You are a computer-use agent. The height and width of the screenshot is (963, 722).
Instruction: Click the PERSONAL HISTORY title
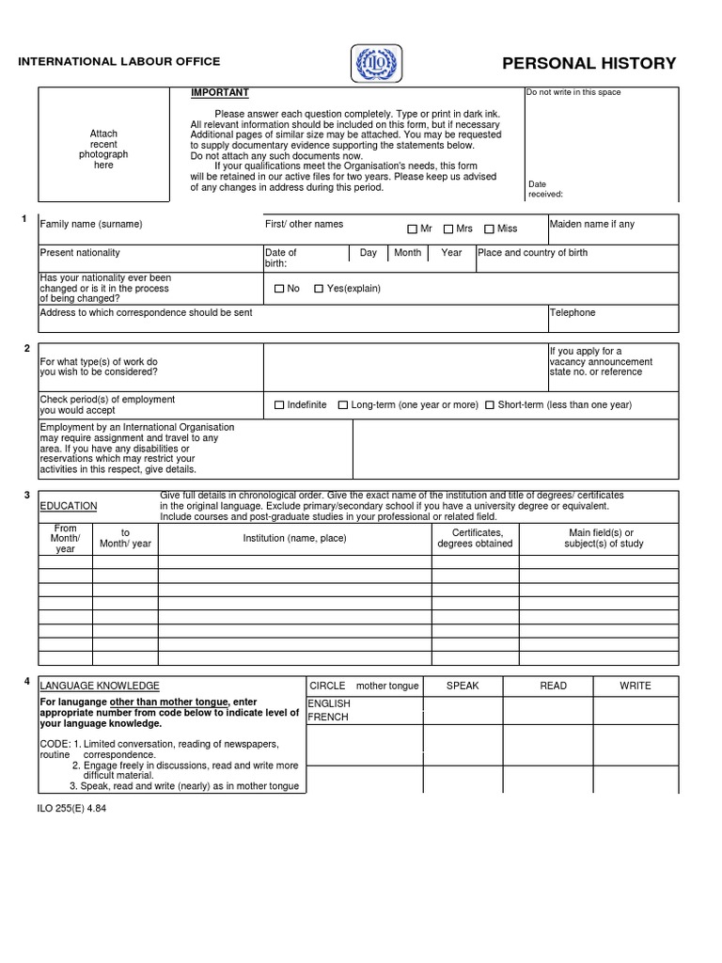(x=589, y=64)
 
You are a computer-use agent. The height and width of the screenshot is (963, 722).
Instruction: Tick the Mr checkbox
(x=412, y=229)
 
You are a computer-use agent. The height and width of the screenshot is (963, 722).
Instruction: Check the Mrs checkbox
(x=448, y=229)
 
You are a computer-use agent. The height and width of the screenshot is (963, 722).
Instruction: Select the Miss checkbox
(x=489, y=229)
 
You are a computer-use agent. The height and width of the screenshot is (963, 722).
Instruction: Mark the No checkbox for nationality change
(x=279, y=289)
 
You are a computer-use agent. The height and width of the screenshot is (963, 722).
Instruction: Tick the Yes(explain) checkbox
(x=319, y=289)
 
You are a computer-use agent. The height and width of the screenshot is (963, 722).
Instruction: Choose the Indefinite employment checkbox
(x=279, y=405)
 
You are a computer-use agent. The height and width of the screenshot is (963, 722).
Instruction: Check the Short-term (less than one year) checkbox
(x=490, y=405)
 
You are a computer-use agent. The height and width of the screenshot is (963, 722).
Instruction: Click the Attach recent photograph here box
(x=103, y=150)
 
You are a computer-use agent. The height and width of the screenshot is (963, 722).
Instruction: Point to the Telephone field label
(x=572, y=313)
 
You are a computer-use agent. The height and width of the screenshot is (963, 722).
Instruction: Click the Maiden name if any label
(x=591, y=225)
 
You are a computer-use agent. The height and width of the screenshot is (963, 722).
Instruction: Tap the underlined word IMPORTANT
(x=220, y=93)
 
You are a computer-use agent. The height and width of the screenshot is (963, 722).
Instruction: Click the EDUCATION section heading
(x=69, y=506)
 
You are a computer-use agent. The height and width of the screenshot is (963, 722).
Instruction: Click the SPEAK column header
(x=463, y=686)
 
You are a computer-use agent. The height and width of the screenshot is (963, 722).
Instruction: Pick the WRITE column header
(x=635, y=686)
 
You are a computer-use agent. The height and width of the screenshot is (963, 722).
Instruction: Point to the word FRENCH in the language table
(x=328, y=717)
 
